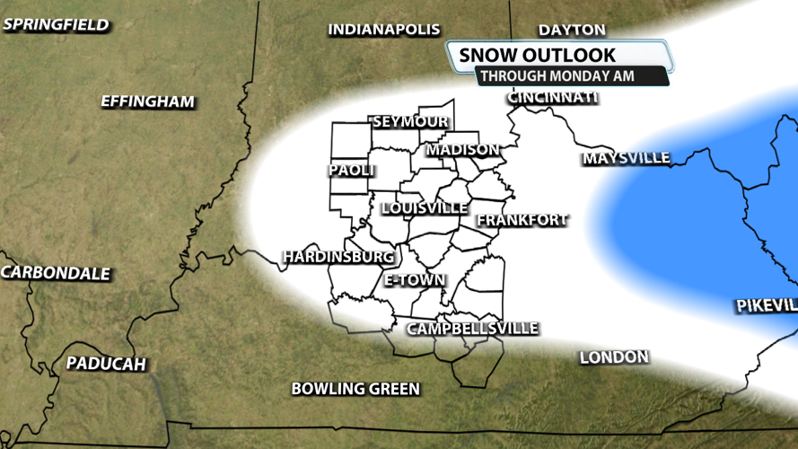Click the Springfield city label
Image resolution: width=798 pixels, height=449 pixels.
56,24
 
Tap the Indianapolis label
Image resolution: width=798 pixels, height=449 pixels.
384,30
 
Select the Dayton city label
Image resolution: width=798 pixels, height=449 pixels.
572,30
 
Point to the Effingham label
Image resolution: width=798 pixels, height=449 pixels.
147,101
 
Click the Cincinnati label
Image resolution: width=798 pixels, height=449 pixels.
553,97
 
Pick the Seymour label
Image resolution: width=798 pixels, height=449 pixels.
410,121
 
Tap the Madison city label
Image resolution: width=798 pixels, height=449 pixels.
463,149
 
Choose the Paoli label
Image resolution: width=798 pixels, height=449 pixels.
352,171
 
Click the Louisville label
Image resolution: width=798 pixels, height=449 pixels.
425,208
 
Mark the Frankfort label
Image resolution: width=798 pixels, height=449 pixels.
522,219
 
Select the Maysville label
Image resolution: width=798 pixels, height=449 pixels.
627,158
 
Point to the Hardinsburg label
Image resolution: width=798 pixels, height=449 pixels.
338,257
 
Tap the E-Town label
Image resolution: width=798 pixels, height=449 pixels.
415,280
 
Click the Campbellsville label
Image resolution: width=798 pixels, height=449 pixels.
472,329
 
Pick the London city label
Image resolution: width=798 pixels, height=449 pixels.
614,357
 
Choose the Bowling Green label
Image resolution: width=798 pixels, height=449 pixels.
355,389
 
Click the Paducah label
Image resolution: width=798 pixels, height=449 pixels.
105,364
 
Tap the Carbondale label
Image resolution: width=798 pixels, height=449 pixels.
56,273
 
